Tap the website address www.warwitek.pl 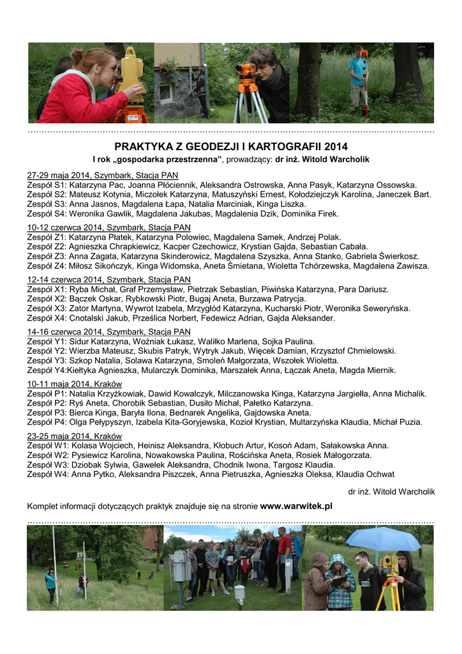[x=296, y=506]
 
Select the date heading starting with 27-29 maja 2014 [x=102, y=175]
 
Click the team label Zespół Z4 [x=47, y=266]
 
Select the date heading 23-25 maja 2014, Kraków [x=74, y=436]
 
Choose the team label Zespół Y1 [x=47, y=342]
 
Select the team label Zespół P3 [x=47, y=413]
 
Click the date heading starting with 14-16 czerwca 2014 [x=108, y=331]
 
